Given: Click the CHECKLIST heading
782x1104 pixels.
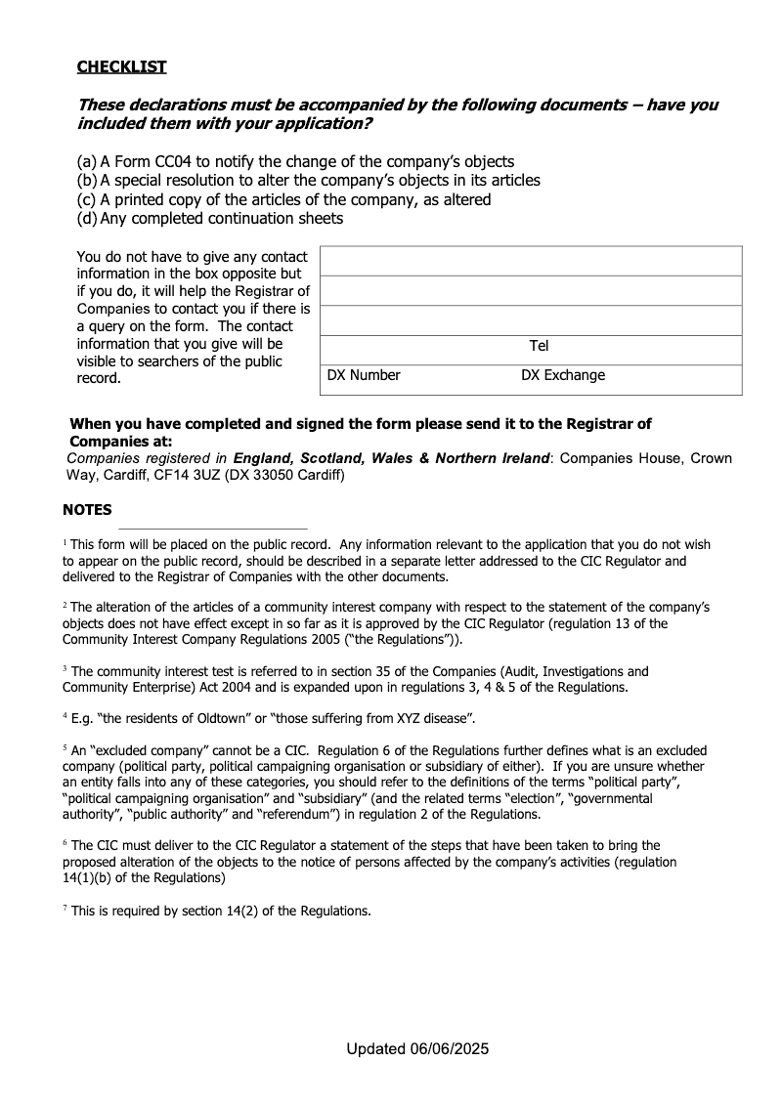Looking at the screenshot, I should click(x=122, y=66).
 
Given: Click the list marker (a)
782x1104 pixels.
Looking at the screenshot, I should click(x=86, y=161).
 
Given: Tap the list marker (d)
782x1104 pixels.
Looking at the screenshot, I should click(x=86, y=219).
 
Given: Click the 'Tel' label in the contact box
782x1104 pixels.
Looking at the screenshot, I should click(x=540, y=346).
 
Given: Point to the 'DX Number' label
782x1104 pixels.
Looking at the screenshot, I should click(x=364, y=375).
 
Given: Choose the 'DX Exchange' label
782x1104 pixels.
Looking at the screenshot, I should click(x=563, y=375).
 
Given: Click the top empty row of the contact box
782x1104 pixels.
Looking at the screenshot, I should click(x=531, y=262).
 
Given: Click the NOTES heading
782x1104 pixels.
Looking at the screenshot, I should click(x=87, y=510).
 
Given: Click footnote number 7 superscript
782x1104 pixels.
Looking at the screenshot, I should click(x=65, y=909).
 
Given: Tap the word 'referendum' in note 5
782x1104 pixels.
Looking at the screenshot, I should click(x=308, y=813).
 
